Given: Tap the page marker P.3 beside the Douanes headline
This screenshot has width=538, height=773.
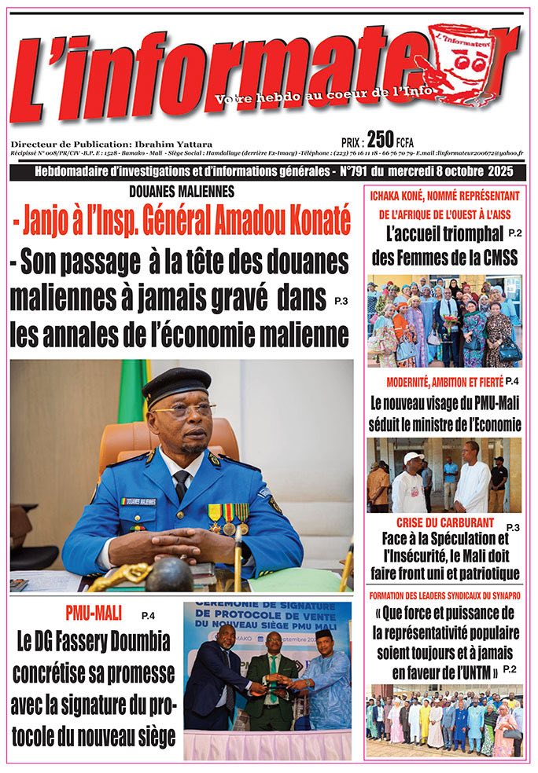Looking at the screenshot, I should pyautogui.click(x=340, y=301).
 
